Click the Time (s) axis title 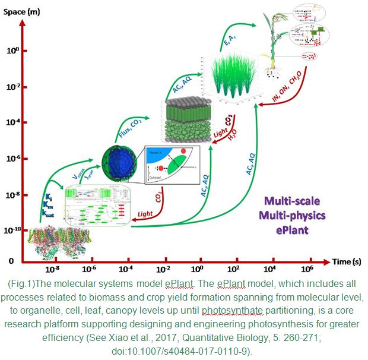pos(345,261)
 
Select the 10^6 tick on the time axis pos(311,269)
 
